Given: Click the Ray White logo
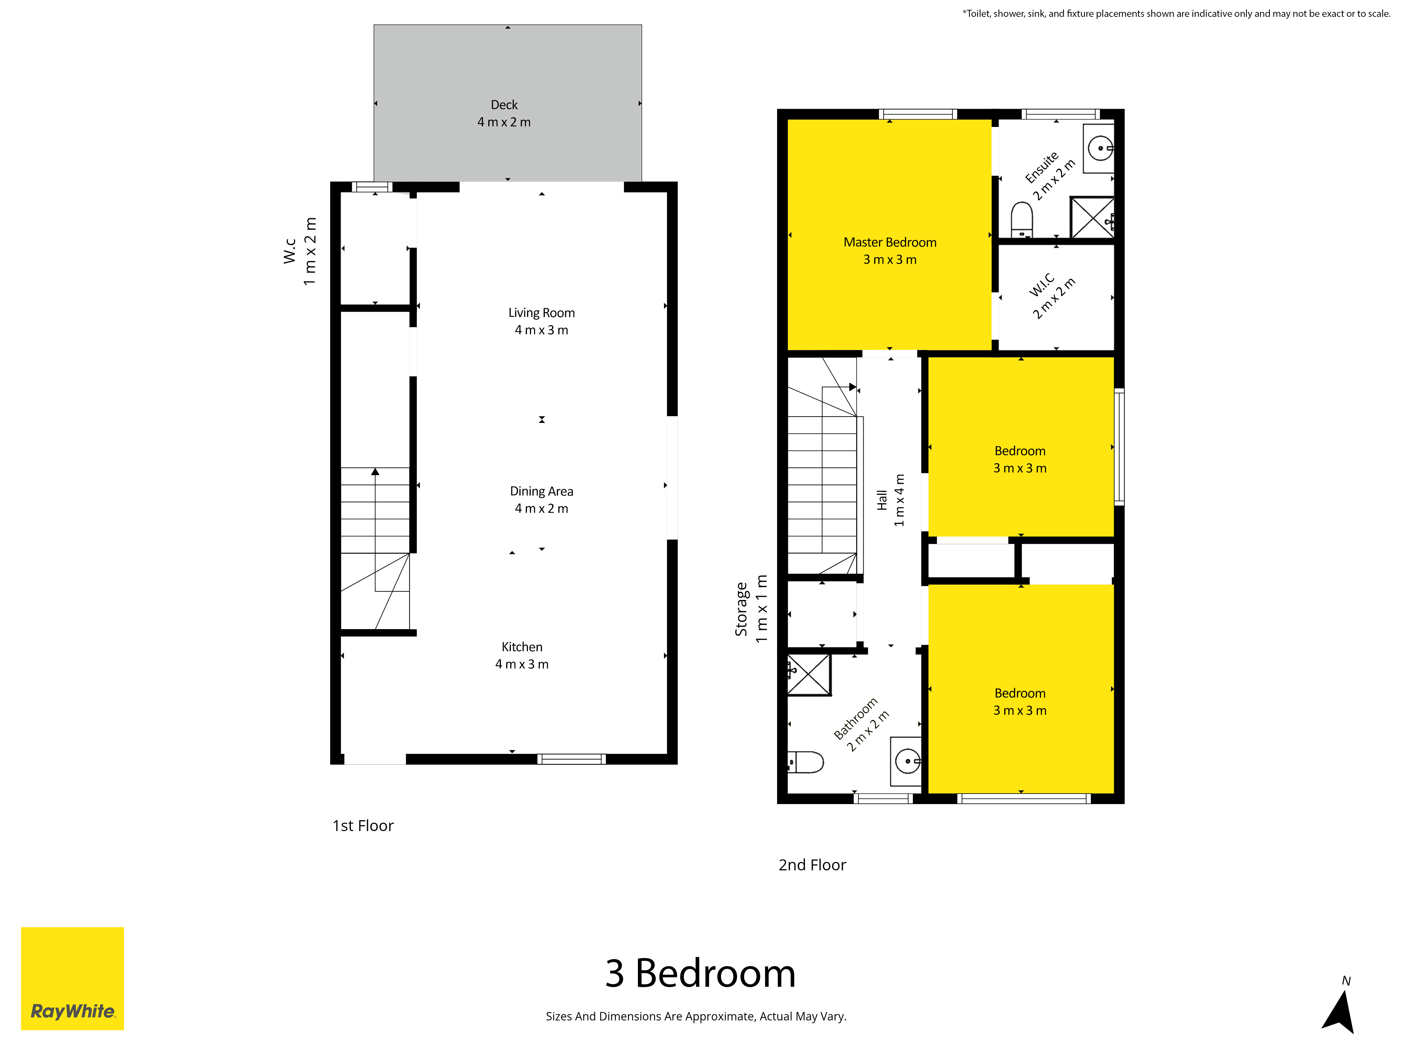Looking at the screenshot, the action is click(x=72, y=978).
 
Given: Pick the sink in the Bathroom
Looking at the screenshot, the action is click(x=906, y=761).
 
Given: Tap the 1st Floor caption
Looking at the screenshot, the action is click(x=363, y=825).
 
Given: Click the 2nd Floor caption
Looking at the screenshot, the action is click(x=812, y=865).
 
